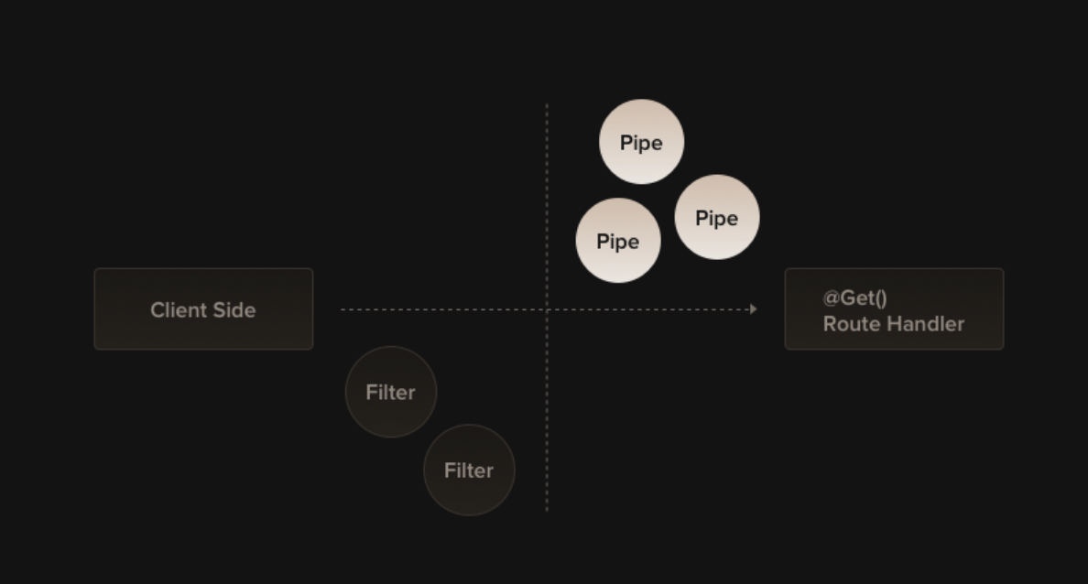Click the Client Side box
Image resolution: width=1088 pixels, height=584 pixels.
[x=203, y=308]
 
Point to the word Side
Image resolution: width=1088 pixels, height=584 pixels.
[x=235, y=310]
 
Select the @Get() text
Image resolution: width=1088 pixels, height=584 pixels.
[x=854, y=297]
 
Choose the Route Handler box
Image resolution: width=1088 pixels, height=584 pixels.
[x=894, y=308]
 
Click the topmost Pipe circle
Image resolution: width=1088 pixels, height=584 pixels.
[x=641, y=142]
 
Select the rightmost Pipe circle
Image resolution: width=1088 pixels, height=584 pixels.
[x=717, y=218]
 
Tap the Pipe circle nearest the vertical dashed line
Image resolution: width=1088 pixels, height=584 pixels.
[x=618, y=241]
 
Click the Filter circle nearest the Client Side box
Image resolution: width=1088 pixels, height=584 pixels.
[x=391, y=392]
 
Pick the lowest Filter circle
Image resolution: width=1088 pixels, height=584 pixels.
[x=469, y=470]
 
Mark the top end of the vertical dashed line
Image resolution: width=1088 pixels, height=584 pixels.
[x=548, y=105]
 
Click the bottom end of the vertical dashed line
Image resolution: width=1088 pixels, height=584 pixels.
[x=548, y=508]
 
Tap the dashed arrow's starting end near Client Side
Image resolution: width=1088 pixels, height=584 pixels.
[x=343, y=309]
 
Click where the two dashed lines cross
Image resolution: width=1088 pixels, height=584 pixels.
[x=548, y=309]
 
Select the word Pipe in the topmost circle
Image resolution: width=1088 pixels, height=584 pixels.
[x=641, y=143]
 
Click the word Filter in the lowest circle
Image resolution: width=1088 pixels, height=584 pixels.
[x=469, y=470]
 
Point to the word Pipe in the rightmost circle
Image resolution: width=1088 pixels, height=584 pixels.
[x=717, y=219]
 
